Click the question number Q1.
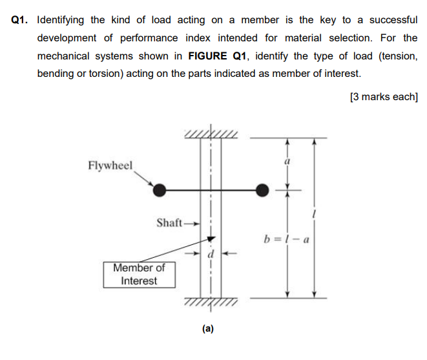point(21,20)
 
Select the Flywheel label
point(110,165)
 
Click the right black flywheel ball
point(262,190)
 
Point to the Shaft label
point(169,222)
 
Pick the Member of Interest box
point(138,274)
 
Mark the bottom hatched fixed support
point(211,302)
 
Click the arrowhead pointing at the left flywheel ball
point(153,186)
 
